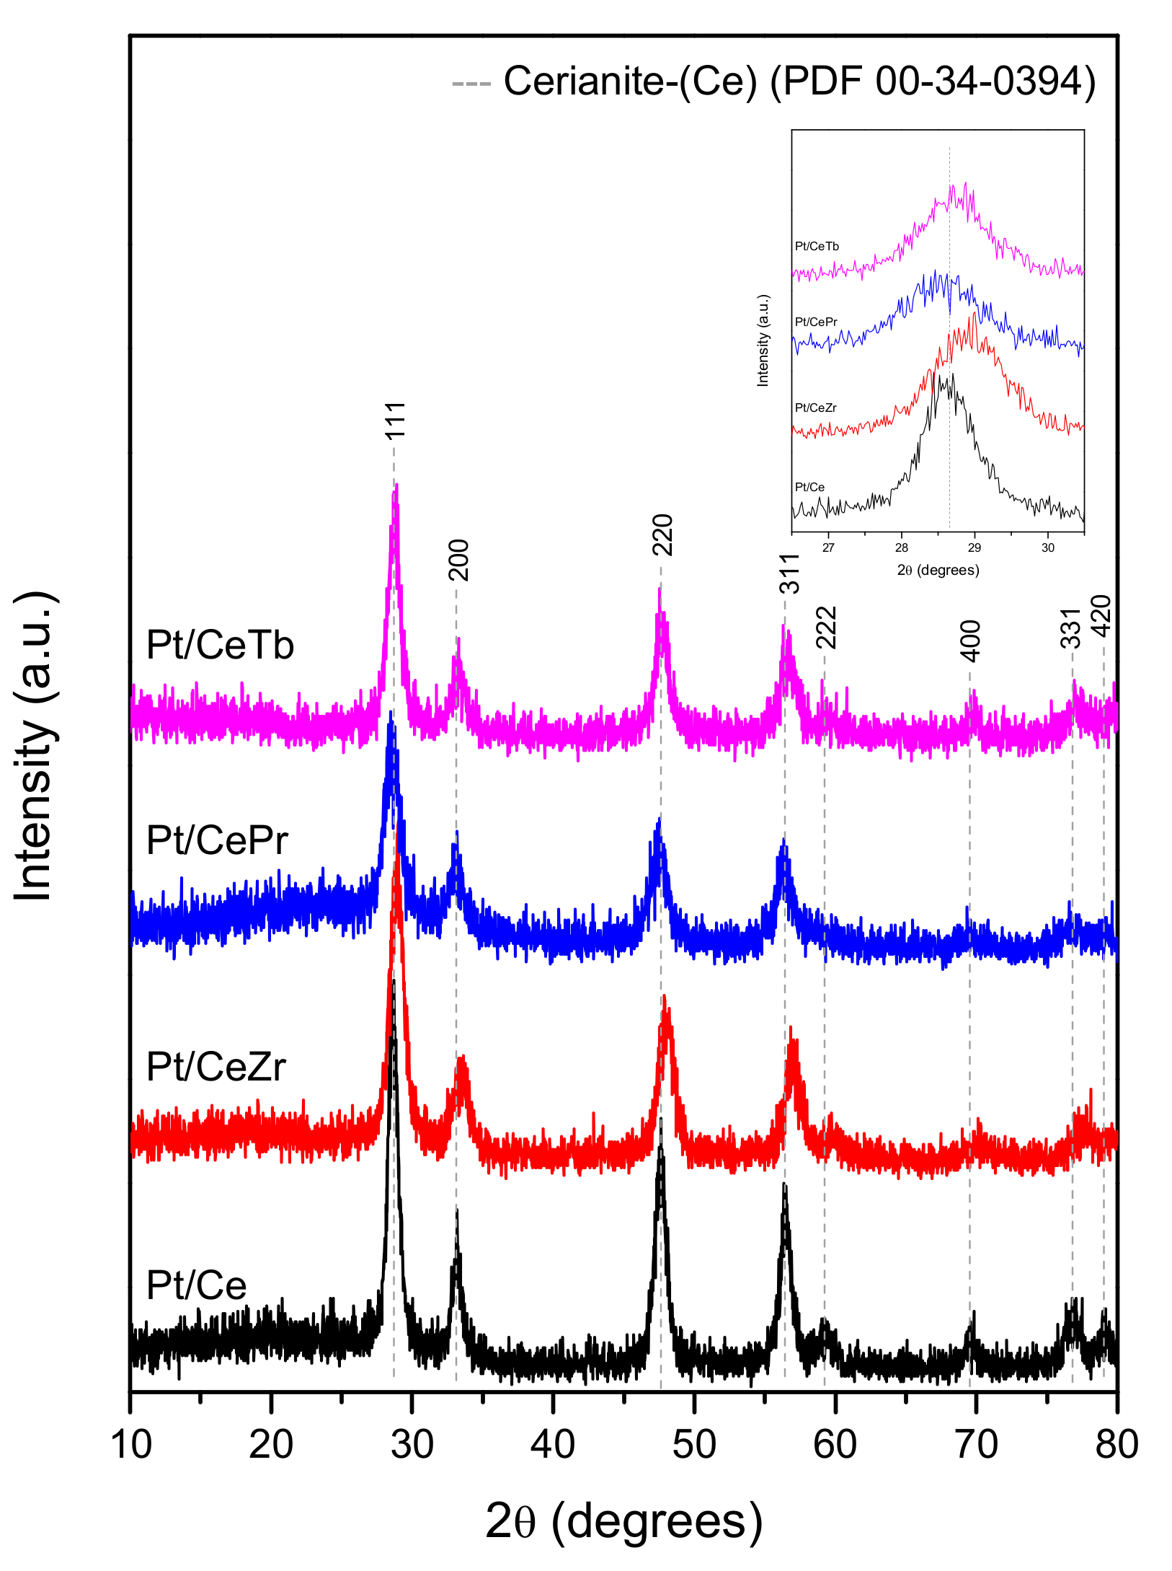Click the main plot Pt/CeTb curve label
pos(220,644)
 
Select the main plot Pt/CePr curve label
pos(217,840)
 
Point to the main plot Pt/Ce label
pos(196,1285)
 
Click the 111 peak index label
pos(395,421)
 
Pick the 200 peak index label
pos(458,560)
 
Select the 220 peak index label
pos(662,534)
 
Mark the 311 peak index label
pos(790,573)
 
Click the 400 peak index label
pos(971,641)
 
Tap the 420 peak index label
pos(1101,615)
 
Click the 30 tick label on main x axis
pos(412,1445)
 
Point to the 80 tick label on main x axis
pos(1116,1445)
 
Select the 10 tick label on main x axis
pos(131,1445)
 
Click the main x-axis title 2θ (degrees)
pos(623,1521)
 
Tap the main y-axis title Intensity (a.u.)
pos(34,746)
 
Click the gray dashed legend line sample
pos(471,84)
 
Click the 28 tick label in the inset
pos(902,547)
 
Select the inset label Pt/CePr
pos(816,322)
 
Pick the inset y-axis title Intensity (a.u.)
pos(763,340)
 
